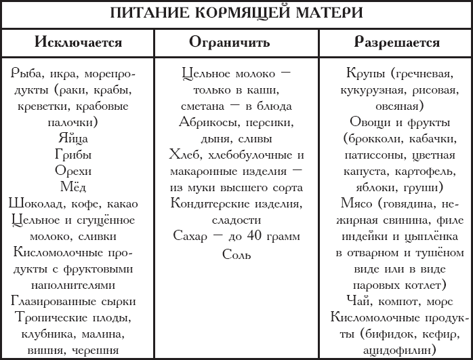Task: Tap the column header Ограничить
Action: tap(229, 43)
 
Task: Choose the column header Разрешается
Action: tap(397, 43)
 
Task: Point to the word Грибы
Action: tap(73, 154)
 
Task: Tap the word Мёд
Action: tap(73, 186)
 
